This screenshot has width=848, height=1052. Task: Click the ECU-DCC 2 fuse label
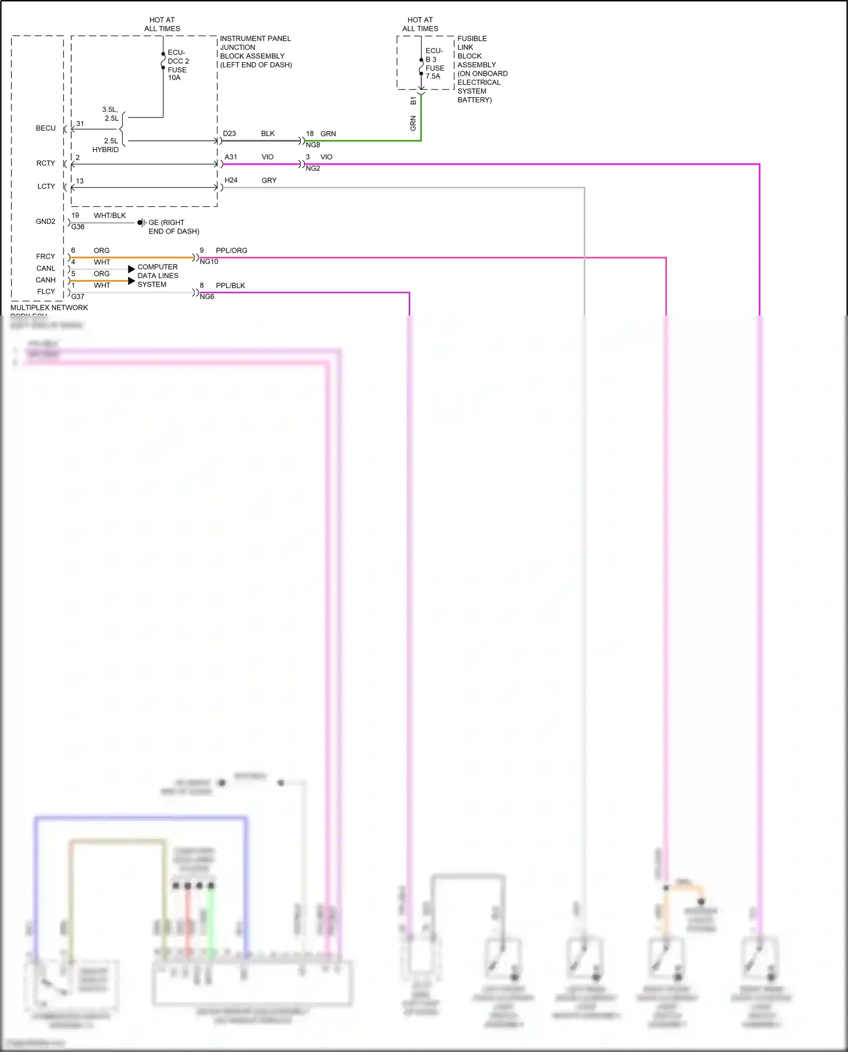tap(178, 65)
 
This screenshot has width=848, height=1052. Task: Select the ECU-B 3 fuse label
tap(435, 63)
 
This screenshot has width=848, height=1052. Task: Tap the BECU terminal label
tap(46, 128)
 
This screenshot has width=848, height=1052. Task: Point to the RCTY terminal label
tap(46, 163)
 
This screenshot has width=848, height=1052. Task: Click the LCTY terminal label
tap(46, 187)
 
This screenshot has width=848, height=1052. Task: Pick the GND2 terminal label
tap(46, 222)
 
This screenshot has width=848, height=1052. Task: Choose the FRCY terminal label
tap(46, 257)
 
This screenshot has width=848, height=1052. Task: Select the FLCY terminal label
tap(46, 292)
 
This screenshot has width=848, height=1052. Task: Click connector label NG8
tap(313, 145)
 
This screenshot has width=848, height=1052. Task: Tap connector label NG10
tap(209, 262)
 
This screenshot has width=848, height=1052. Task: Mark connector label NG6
tap(207, 297)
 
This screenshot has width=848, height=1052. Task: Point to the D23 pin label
tap(230, 134)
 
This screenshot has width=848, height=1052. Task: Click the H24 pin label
tap(231, 180)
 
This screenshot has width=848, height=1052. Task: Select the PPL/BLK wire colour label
tap(231, 285)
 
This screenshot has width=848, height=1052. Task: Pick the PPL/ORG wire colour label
tap(232, 250)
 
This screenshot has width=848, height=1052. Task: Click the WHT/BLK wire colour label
tap(110, 215)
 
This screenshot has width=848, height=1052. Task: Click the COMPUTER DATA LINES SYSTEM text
tap(158, 276)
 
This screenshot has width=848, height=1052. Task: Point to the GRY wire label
tap(269, 180)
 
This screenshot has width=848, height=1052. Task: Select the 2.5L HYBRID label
tap(107, 145)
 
